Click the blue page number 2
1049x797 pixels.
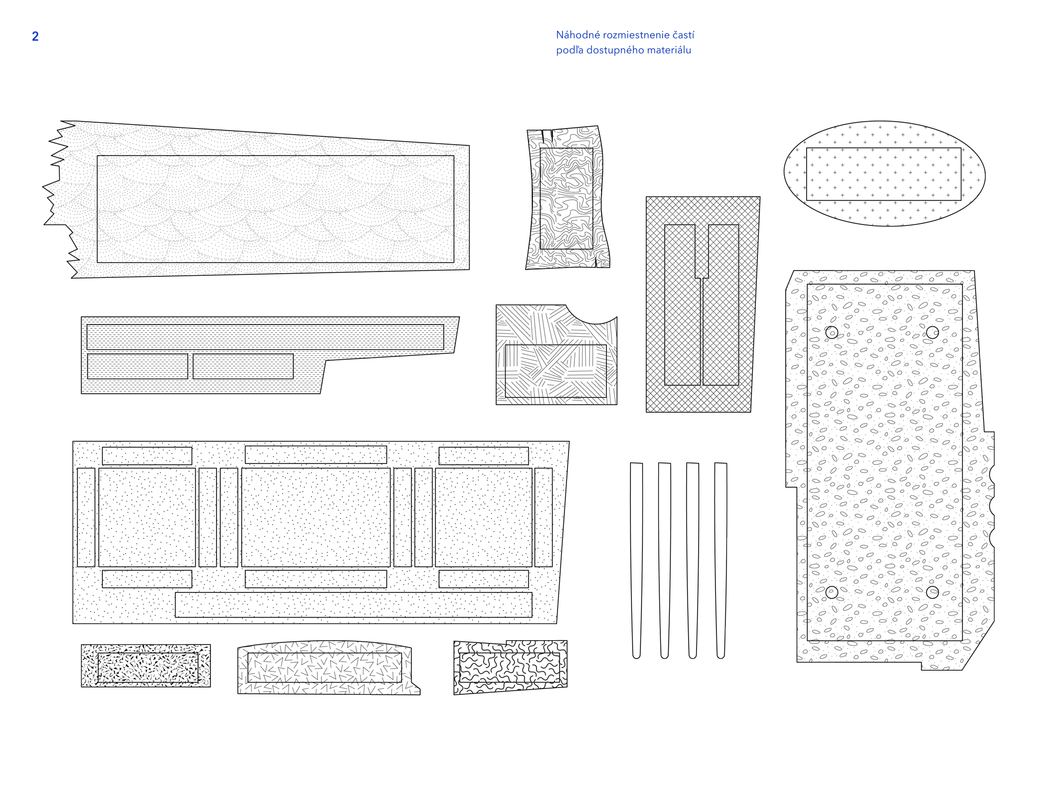pyautogui.click(x=35, y=36)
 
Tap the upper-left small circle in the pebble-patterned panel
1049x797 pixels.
pyautogui.click(x=831, y=332)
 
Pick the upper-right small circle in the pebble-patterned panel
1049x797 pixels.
pyautogui.click(x=932, y=332)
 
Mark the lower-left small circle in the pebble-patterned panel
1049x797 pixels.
pyautogui.click(x=831, y=592)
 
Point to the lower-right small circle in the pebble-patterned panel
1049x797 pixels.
pyautogui.click(x=932, y=592)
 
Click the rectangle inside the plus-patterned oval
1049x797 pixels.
pyautogui.click(x=883, y=174)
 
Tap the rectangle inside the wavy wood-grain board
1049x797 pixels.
pyautogui.click(x=566, y=198)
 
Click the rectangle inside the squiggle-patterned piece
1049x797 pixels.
pyautogui.click(x=509, y=667)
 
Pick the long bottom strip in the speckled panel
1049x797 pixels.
pyautogui.click(x=353, y=605)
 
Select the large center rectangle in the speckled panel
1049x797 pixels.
pyautogui.click(x=316, y=517)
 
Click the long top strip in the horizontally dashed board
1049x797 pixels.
pyautogui.click(x=265, y=337)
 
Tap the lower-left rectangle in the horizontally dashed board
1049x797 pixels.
pyautogui.click(x=137, y=366)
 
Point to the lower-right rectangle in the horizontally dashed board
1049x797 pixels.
pyautogui.click(x=243, y=366)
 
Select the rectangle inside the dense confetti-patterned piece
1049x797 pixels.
pyautogui.click(x=148, y=667)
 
